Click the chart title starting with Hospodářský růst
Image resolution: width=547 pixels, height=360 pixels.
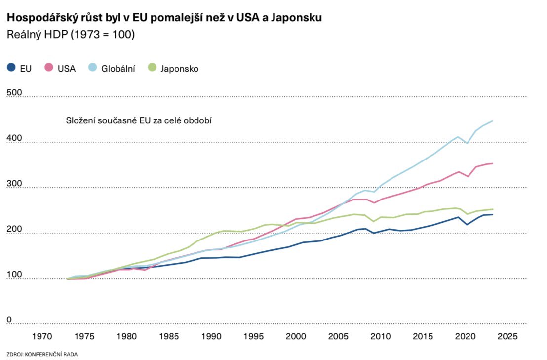[164, 18]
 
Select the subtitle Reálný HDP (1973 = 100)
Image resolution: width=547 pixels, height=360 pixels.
[70, 35]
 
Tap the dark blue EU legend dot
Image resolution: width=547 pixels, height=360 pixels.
[11, 68]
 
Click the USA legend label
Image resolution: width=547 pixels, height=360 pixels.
[67, 69]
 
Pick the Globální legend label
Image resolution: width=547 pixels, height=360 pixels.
[118, 69]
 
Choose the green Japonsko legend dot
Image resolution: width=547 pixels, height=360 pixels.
[153, 68]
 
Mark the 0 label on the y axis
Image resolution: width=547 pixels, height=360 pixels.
[9, 320]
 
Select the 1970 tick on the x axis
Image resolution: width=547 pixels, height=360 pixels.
[42, 336]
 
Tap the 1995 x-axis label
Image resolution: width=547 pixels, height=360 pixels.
[253, 336]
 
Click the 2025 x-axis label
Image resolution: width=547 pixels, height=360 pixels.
[507, 336]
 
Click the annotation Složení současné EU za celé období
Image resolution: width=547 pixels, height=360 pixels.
[139, 120]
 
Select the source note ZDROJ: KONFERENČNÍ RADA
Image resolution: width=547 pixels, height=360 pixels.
[42, 354]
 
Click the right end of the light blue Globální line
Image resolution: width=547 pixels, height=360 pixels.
[493, 121]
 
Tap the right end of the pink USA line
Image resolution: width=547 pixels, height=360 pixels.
[493, 163]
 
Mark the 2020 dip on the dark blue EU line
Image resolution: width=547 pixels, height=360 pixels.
[467, 225]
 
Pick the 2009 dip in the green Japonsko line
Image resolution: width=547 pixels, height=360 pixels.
[374, 221]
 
